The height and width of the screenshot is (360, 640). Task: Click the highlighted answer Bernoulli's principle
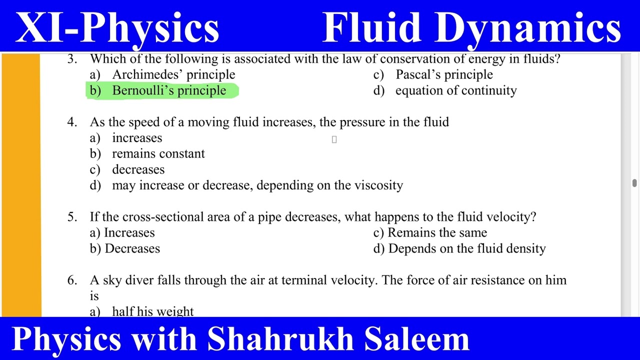point(169,90)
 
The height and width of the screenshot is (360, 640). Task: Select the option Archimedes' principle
point(173,74)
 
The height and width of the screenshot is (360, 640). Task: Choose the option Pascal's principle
point(444,74)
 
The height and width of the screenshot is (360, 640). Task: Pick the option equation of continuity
point(455,90)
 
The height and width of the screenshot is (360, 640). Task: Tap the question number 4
point(72,122)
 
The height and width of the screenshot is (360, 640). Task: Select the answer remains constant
point(158,153)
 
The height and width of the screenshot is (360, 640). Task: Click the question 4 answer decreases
point(138,169)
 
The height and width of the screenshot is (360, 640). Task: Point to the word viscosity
point(378,185)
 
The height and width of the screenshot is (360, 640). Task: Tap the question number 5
point(72,217)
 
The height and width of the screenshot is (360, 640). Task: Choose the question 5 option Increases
point(129,232)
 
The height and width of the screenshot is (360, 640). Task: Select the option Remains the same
point(437,232)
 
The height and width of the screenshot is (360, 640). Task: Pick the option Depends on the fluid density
point(466,248)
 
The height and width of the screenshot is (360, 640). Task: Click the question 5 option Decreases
point(132,248)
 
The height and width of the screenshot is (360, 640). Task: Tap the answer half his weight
point(152,311)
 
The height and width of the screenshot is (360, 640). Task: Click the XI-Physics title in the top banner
point(117,27)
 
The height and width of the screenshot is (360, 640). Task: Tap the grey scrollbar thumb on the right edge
point(634,183)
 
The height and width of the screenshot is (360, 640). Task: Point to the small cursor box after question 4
point(334,140)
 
